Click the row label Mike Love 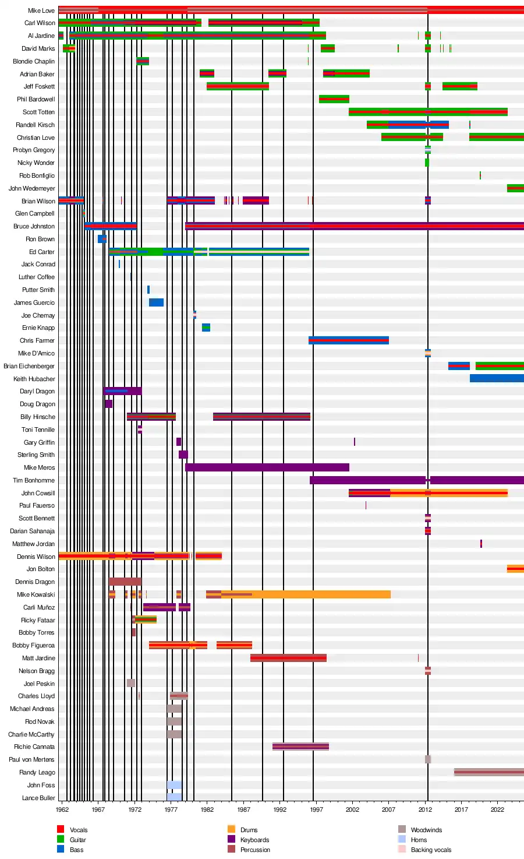tap(41, 10)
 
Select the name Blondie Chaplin tap(34, 61)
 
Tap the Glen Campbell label tap(34, 213)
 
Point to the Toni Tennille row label tap(38, 429)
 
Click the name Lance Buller tap(38, 798)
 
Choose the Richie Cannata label tap(34, 747)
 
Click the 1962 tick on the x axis tap(62, 809)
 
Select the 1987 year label tap(244, 809)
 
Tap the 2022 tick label tap(497, 809)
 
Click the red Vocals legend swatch tap(61, 829)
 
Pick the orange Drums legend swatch tap(231, 829)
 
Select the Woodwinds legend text tap(426, 830)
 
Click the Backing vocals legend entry tap(431, 850)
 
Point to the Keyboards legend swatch tap(231, 839)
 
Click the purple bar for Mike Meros tap(267, 467)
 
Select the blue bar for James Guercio tap(156, 302)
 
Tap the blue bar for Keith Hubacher tap(497, 379)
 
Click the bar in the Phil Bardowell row tap(334, 99)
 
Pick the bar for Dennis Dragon tap(125, 582)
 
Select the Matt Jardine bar tap(288, 658)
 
